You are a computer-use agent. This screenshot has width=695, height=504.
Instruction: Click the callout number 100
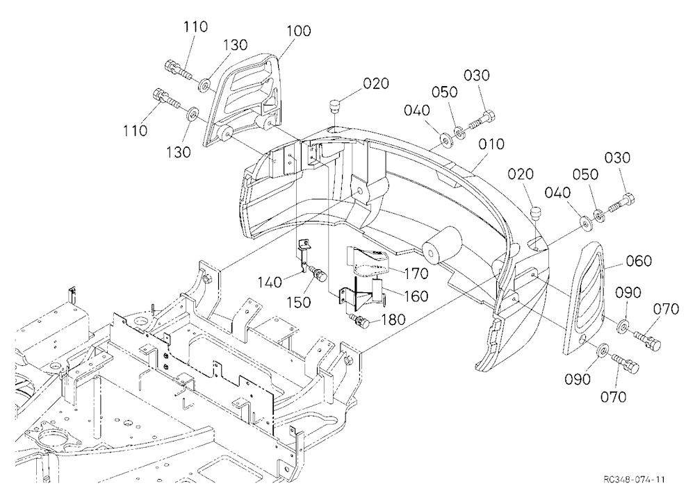coord(299,31)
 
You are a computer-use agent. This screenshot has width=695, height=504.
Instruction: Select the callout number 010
coord(492,144)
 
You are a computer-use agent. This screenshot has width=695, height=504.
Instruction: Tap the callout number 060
coord(639,261)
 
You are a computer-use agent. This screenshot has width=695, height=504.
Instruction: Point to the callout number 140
coord(270,282)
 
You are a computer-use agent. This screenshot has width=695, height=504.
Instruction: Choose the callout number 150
coord(299,302)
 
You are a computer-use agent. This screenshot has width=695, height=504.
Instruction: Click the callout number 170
coord(416,274)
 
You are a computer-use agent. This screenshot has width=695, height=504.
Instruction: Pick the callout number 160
coord(416,296)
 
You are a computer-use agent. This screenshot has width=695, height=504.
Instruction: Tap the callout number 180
coord(393,319)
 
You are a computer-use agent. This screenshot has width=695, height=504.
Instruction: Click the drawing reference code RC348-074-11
coord(634,480)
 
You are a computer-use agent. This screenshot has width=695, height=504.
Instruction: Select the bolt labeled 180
coord(359,321)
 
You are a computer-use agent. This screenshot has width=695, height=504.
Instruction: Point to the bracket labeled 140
coord(303,256)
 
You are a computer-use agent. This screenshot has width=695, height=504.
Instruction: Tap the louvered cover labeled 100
coord(242,100)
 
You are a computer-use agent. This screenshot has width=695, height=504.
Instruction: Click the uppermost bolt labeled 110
coord(178,70)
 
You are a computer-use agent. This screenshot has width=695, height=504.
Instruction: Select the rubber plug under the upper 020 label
coord(334,107)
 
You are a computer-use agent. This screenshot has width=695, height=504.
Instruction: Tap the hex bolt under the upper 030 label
coord(482,119)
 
